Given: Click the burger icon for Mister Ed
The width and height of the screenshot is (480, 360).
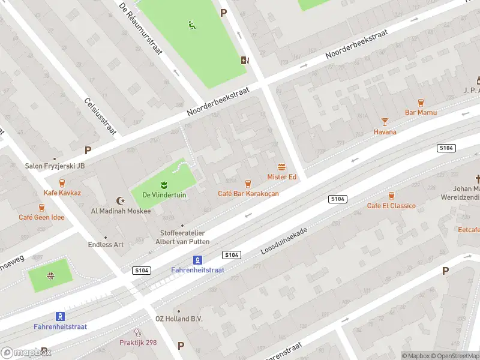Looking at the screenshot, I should (x=281, y=167).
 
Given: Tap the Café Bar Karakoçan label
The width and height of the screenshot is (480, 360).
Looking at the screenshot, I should (x=248, y=193).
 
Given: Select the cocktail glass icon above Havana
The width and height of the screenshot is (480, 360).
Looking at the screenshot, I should (x=385, y=121).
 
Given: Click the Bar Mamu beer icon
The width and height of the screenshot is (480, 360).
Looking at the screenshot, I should (x=421, y=103).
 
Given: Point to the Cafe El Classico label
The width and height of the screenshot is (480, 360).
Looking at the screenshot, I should (x=391, y=206).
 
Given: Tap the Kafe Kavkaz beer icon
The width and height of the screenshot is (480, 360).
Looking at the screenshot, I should (x=62, y=183).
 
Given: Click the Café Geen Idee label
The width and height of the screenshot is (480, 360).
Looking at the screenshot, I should (x=41, y=217).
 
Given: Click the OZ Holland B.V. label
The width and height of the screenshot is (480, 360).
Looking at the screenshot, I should (x=179, y=319).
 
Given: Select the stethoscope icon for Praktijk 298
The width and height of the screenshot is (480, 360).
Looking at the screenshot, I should (x=137, y=332).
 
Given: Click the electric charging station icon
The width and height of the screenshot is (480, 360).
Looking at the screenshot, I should (x=244, y=59).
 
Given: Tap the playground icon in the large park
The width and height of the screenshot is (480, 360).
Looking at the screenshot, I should (x=191, y=25).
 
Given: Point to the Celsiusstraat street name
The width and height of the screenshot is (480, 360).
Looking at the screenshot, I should (x=100, y=116).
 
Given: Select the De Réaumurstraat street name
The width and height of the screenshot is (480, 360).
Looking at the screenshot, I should (x=141, y=29).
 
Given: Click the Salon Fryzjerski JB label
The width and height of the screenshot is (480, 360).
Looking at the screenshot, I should (x=55, y=166).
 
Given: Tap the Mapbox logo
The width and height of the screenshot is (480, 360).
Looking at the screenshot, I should (x=26, y=352).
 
